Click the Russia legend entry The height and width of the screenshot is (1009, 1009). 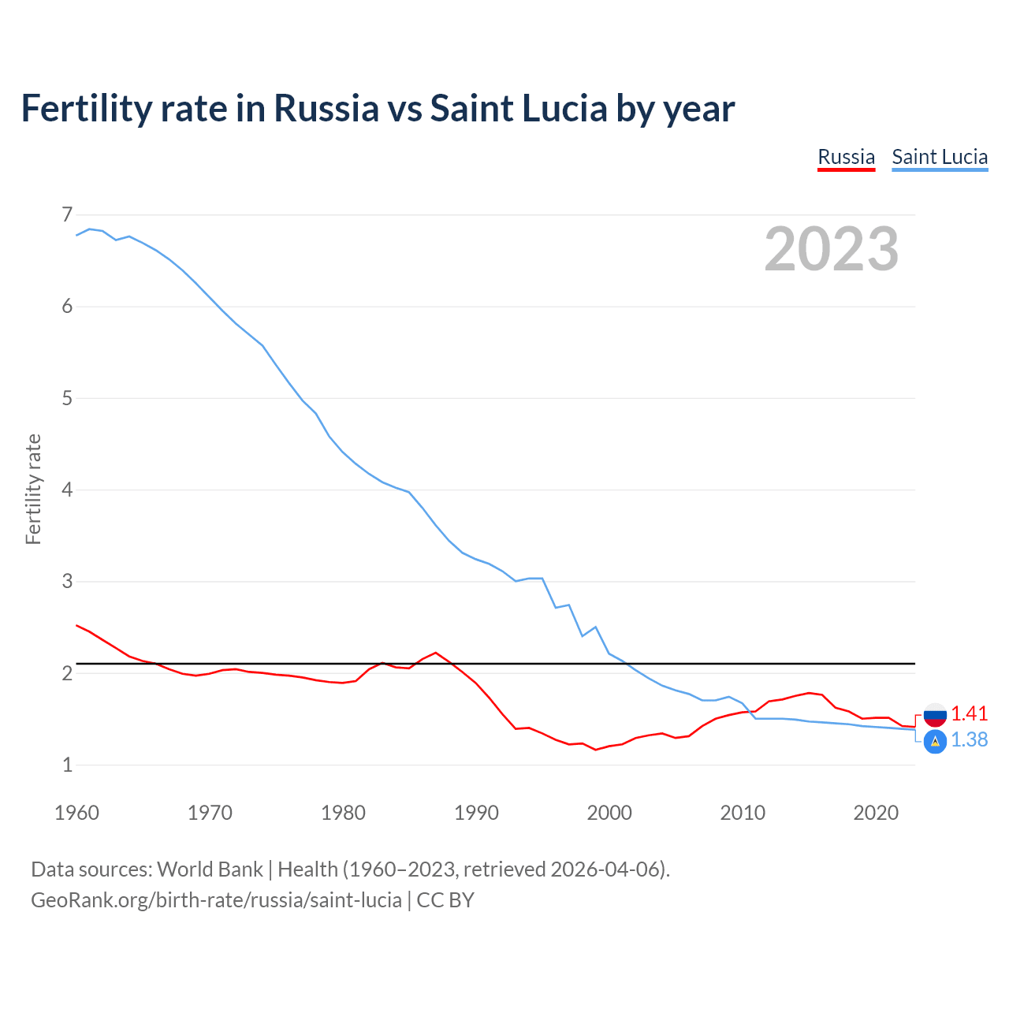coord(846,157)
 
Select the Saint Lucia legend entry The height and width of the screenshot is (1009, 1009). coord(940,157)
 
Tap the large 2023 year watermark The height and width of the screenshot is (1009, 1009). coord(831,249)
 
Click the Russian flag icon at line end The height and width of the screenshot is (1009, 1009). coord(935,714)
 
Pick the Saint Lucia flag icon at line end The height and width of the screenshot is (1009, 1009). coord(935,741)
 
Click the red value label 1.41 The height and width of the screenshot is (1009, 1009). coord(969,713)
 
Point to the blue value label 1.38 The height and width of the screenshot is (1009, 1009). coord(969,740)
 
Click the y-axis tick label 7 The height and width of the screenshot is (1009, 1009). coord(67,215)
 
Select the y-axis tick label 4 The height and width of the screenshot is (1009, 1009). coord(67,490)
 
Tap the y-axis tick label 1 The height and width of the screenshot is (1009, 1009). coord(67,765)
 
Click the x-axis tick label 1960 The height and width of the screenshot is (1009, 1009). coord(76,813)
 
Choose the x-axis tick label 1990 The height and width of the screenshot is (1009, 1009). coord(476,813)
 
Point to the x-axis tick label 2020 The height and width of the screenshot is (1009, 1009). coord(876,813)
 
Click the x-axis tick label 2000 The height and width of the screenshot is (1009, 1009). coord(609,813)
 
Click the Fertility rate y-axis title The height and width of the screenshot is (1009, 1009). coord(33,489)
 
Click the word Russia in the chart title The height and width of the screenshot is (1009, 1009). coord(326,109)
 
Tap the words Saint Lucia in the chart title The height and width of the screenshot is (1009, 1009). coord(519,109)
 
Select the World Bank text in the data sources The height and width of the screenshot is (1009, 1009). coord(210,869)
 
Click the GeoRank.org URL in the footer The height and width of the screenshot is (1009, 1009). coord(216,900)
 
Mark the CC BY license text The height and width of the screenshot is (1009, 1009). coord(445,900)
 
